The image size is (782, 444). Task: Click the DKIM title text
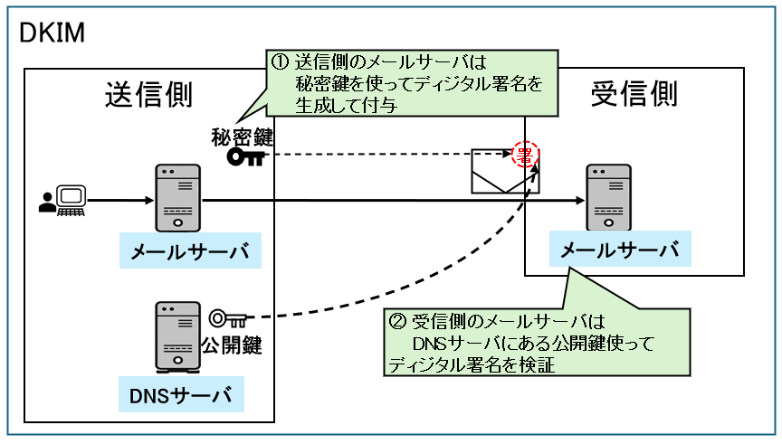coord(52,34)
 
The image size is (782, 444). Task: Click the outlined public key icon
coord(227,318)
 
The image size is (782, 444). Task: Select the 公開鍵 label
coord(231,345)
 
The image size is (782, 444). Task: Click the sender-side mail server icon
coord(176,197)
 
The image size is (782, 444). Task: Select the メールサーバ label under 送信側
coord(190,250)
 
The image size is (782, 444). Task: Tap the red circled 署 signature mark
coord(524,155)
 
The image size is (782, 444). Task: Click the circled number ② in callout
coord(396,321)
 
